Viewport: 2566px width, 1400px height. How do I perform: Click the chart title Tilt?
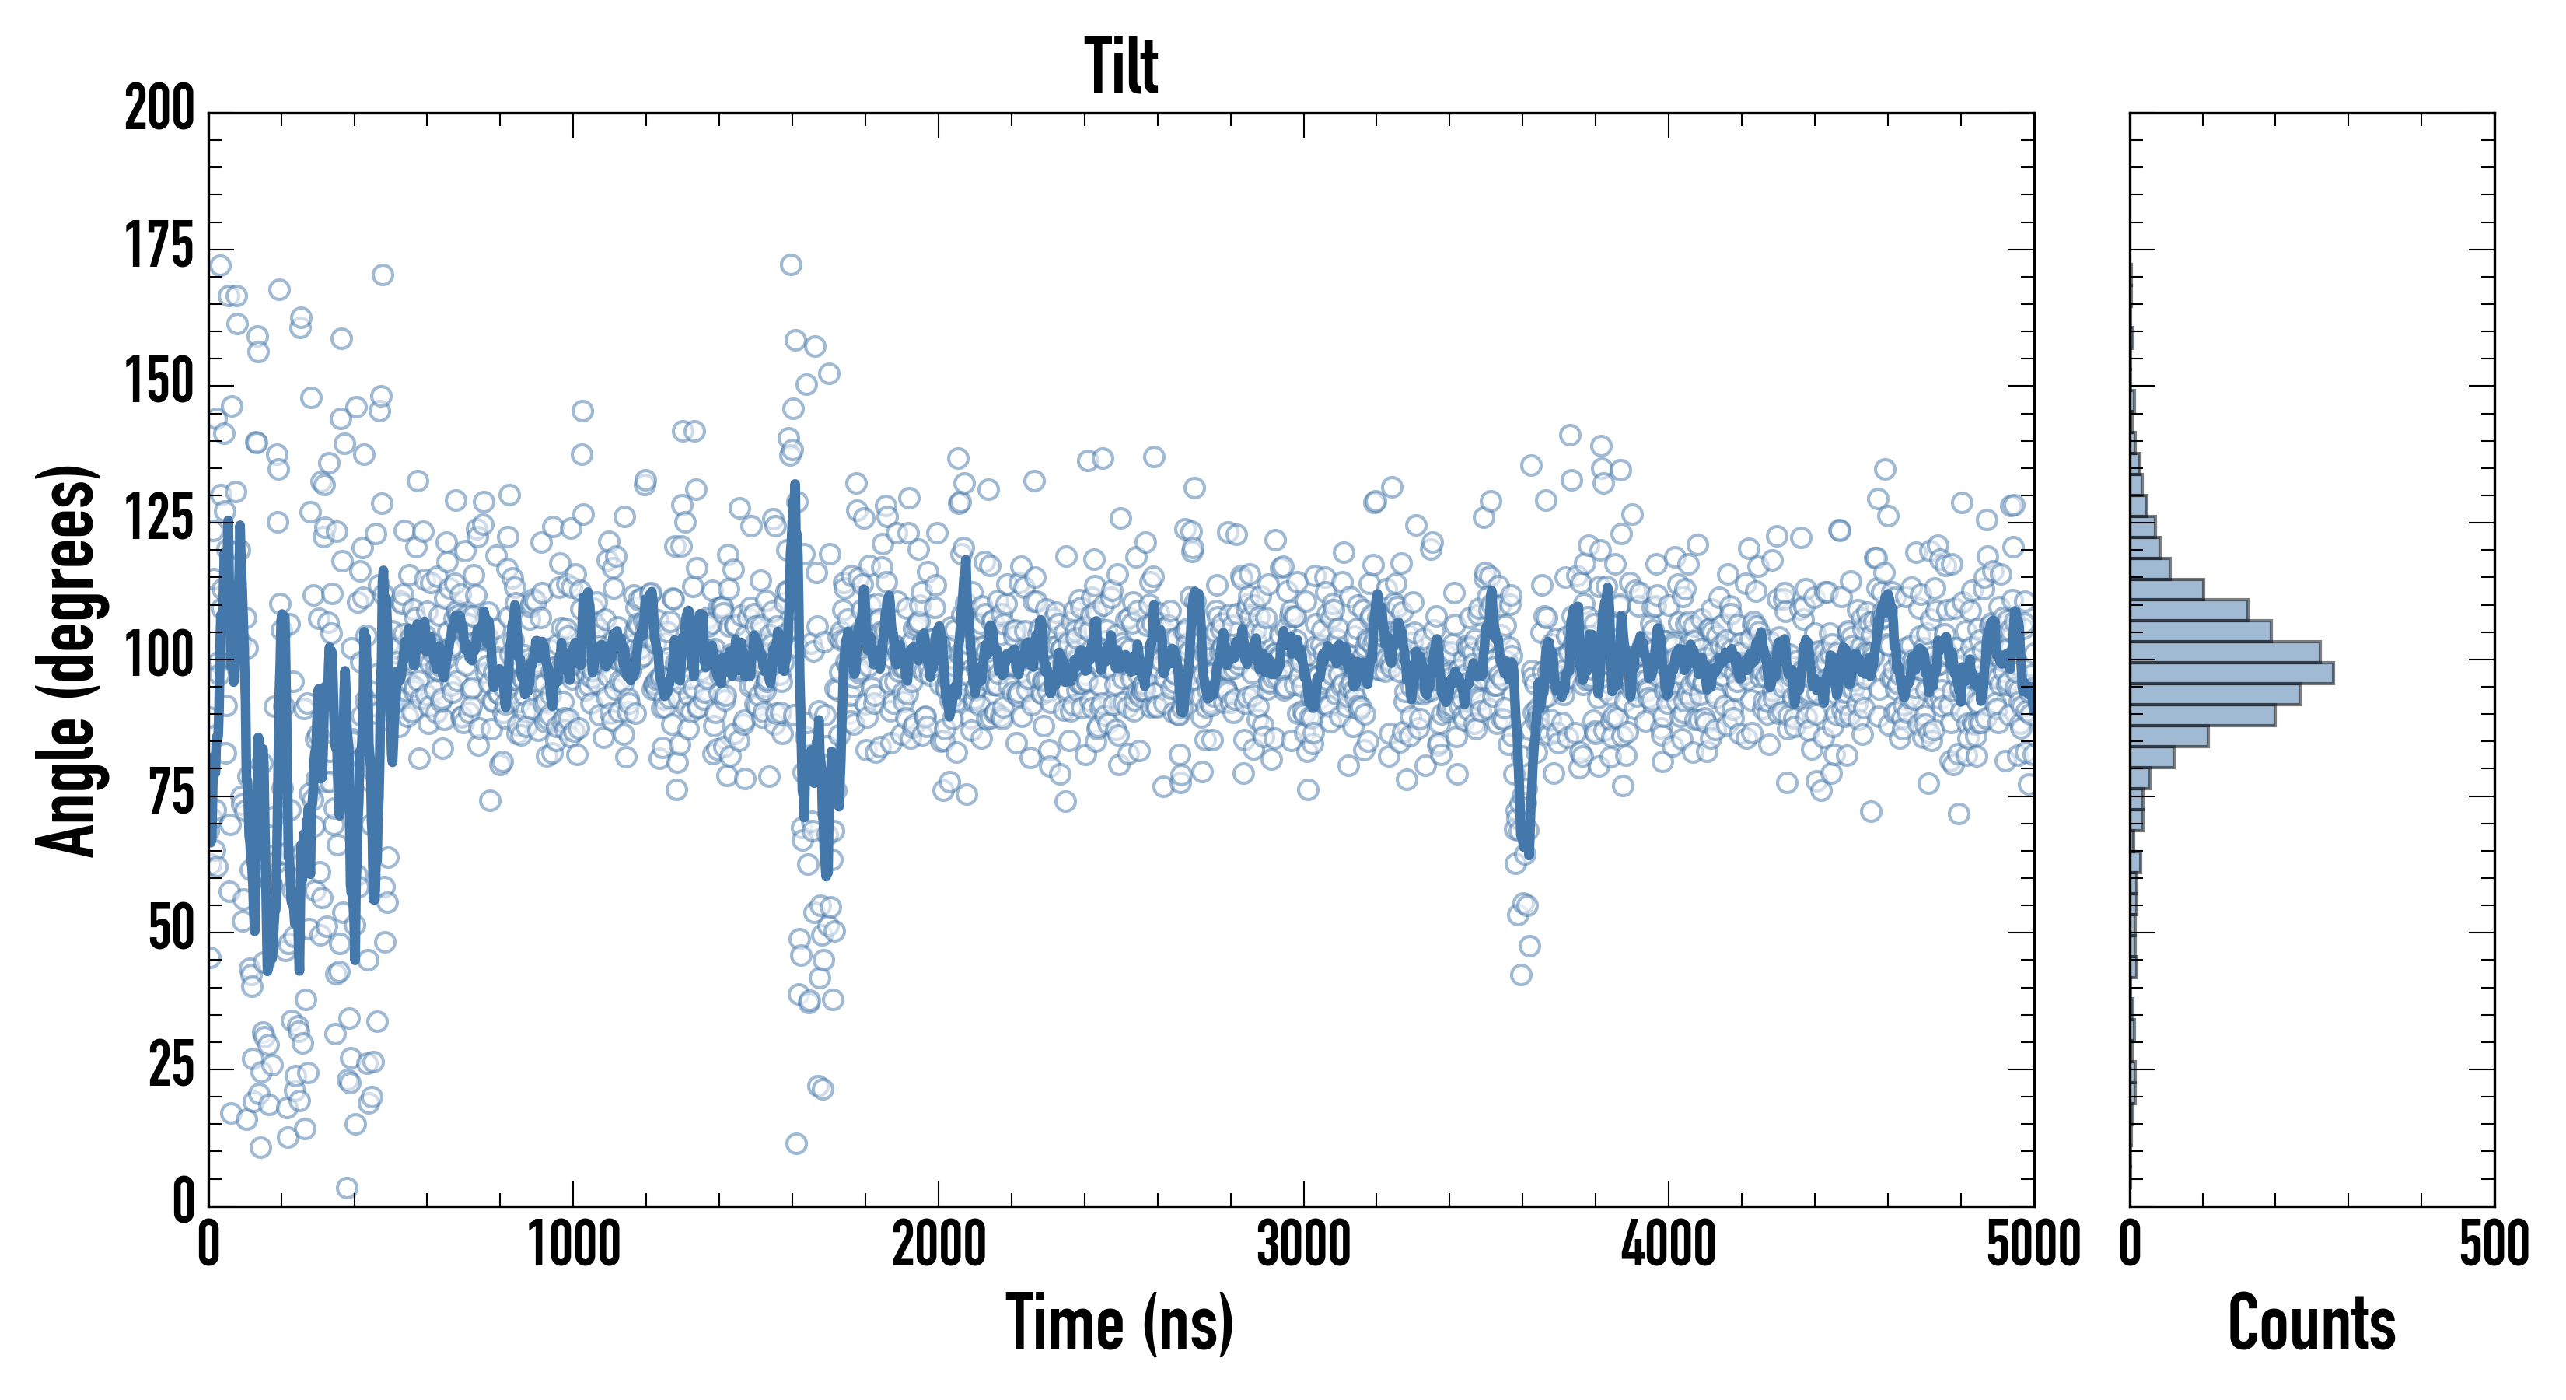(x=1120, y=67)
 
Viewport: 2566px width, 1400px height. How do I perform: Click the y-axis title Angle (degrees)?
(x=68, y=660)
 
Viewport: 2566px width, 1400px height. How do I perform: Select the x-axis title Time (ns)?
(x=1120, y=1323)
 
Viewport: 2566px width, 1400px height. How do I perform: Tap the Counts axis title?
(x=2311, y=1323)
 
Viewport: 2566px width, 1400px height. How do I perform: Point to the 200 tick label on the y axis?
(x=159, y=109)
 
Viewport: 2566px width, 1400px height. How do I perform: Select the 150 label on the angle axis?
(x=159, y=383)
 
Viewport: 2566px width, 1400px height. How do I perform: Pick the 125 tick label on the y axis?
(x=159, y=520)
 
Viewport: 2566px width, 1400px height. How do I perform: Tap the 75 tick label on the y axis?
(x=171, y=794)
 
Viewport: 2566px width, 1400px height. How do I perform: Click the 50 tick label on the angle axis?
(x=171, y=931)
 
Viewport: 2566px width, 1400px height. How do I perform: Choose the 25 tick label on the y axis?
(x=171, y=1067)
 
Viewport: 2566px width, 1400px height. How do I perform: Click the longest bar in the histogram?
(x=2232, y=673)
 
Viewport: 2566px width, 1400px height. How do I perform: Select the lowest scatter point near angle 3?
(x=347, y=1188)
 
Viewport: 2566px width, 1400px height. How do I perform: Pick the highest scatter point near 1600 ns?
(x=791, y=265)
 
